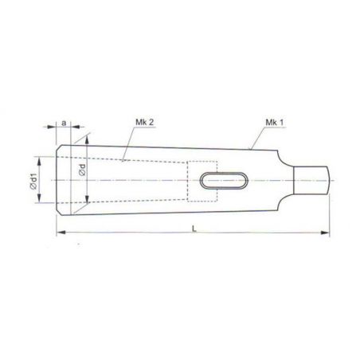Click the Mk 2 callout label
(x=145, y=123)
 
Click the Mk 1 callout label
(x=275, y=123)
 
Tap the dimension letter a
(x=64, y=123)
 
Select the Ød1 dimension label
(x=33, y=181)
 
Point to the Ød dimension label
(x=82, y=170)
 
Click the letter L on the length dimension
(x=194, y=229)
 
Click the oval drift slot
(x=224, y=181)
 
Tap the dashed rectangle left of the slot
(x=202, y=181)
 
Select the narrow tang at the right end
(x=311, y=181)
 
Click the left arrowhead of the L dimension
(x=61, y=233)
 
